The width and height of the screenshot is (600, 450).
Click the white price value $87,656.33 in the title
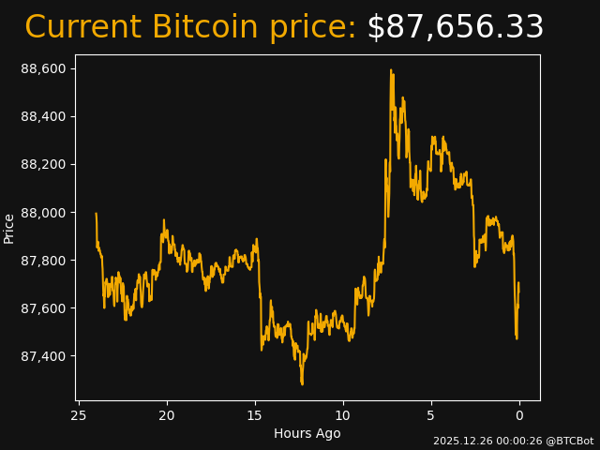[x=455, y=28]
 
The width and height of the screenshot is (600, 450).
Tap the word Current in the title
[x=83, y=28]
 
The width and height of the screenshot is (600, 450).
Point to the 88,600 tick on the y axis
[x=43, y=68]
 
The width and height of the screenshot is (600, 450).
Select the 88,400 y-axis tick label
[x=43, y=116]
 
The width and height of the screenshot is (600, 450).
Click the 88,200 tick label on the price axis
[x=43, y=164]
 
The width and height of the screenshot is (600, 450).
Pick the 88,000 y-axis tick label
[x=43, y=213]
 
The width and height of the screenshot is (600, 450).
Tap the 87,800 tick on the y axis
[x=43, y=261]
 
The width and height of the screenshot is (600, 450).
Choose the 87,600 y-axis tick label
[x=43, y=308]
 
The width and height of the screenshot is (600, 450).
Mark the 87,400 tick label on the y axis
[x=43, y=356]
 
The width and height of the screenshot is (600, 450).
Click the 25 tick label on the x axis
[x=79, y=415]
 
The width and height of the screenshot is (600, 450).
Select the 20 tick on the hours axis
[x=167, y=415]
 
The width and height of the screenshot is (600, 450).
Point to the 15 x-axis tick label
[x=255, y=415]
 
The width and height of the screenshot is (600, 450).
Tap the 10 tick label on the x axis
[x=343, y=415]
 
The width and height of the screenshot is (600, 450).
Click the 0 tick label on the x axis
[x=519, y=415]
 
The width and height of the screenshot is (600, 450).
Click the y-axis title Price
[x=9, y=228]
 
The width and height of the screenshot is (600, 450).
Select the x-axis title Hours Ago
[x=307, y=433]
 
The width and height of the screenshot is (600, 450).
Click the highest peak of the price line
[x=391, y=69]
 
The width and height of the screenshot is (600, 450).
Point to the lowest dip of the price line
[x=302, y=383]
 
